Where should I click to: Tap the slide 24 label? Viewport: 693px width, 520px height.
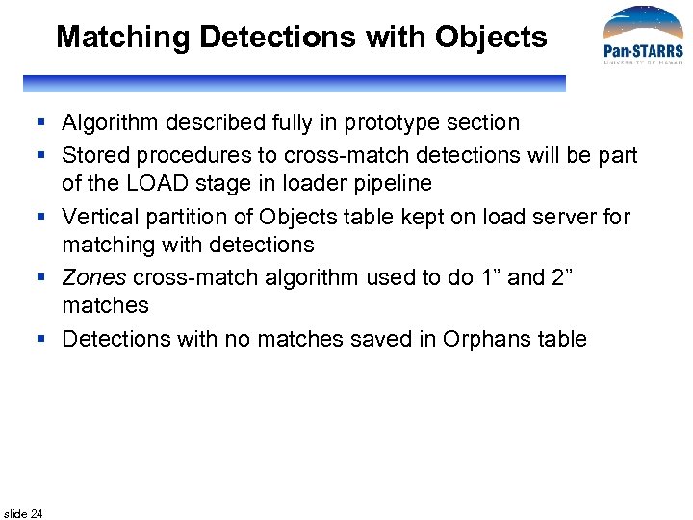(x=23, y=513)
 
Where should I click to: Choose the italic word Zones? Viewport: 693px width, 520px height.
(x=94, y=278)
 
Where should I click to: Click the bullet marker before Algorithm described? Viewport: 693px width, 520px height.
(x=43, y=123)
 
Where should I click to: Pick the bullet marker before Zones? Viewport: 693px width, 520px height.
(x=43, y=278)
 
